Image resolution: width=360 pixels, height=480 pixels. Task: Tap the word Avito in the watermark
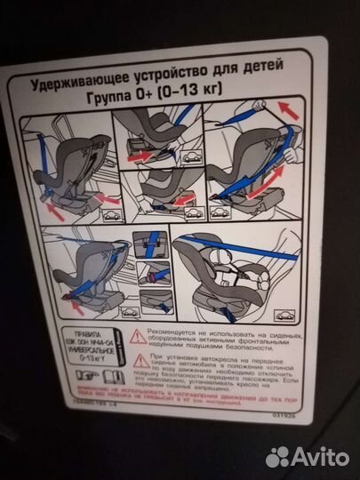pos(318,456)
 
